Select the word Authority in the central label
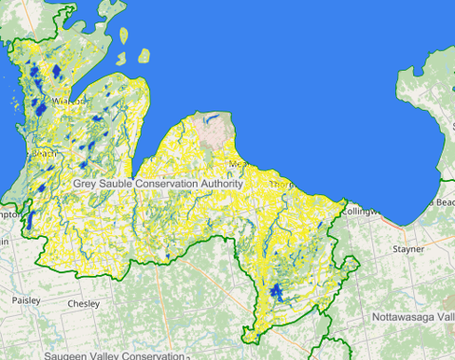click(x=220, y=184)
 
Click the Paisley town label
click(x=26, y=300)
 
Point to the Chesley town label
click(x=83, y=304)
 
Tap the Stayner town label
click(x=408, y=250)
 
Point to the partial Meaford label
click(x=238, y=164)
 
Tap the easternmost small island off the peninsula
click(x=145, y=56)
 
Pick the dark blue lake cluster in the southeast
click(x=275, y=292)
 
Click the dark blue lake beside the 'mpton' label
click(x=30, y=220)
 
